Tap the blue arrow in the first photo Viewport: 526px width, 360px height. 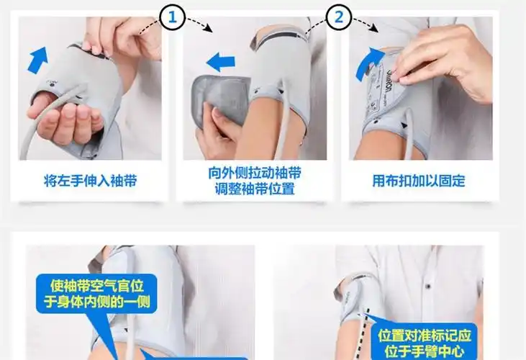[37, 59]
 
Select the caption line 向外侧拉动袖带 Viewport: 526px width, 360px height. [255, 173]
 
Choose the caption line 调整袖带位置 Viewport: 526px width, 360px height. [255, 189]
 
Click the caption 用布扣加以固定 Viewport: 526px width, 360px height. [418, 180]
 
